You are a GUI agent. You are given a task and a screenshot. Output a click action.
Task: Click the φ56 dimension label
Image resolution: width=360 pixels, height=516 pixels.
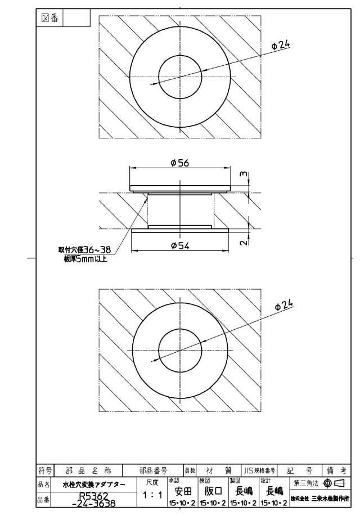point(180,163)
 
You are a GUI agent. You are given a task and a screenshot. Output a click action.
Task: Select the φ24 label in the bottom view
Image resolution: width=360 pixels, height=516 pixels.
point(283,305)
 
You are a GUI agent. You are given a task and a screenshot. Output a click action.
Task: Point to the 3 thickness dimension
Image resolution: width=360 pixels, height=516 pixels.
point(244,174)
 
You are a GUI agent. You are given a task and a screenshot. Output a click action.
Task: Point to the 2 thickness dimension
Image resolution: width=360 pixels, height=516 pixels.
point(244,243)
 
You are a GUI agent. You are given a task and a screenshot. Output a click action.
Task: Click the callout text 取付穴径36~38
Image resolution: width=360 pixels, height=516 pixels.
point(84,250)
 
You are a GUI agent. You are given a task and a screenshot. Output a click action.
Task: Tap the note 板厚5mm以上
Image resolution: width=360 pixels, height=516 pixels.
point(85,259)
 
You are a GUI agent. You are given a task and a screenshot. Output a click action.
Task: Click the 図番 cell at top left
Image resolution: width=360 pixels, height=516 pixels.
point(49,18)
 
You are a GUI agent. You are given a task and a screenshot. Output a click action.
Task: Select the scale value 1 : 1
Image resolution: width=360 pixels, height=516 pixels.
point(152,495)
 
